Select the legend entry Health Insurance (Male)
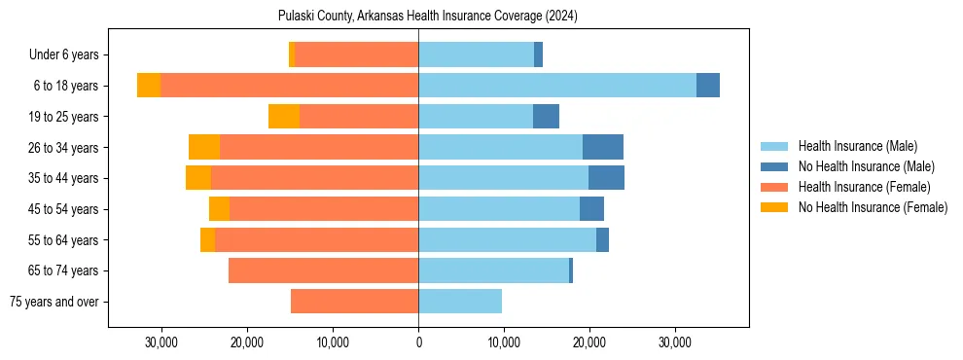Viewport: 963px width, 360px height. [x=857, y=146]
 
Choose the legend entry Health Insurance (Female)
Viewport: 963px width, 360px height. [x=864, y=187]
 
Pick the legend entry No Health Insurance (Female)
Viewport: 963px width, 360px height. [x=873, y=207]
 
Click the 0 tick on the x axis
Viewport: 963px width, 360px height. [x=418, y=343]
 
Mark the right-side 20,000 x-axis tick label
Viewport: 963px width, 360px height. [x=590, y=343]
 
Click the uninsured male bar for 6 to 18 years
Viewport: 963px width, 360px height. [x=708, y=86]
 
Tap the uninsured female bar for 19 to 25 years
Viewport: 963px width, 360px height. [x=284, y=117]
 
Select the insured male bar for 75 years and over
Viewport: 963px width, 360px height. [x=460, y=302]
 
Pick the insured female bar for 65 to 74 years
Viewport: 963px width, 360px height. [x=323, y=270]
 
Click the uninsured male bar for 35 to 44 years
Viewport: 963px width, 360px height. [x=606, y=178]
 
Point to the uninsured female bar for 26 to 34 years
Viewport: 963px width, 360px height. [x=204, y=147]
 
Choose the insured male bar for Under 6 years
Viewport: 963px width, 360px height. [x=477, y=55]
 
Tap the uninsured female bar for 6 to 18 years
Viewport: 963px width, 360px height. [x=149, y=86]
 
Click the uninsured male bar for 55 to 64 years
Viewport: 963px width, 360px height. [x=602, y=239]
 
